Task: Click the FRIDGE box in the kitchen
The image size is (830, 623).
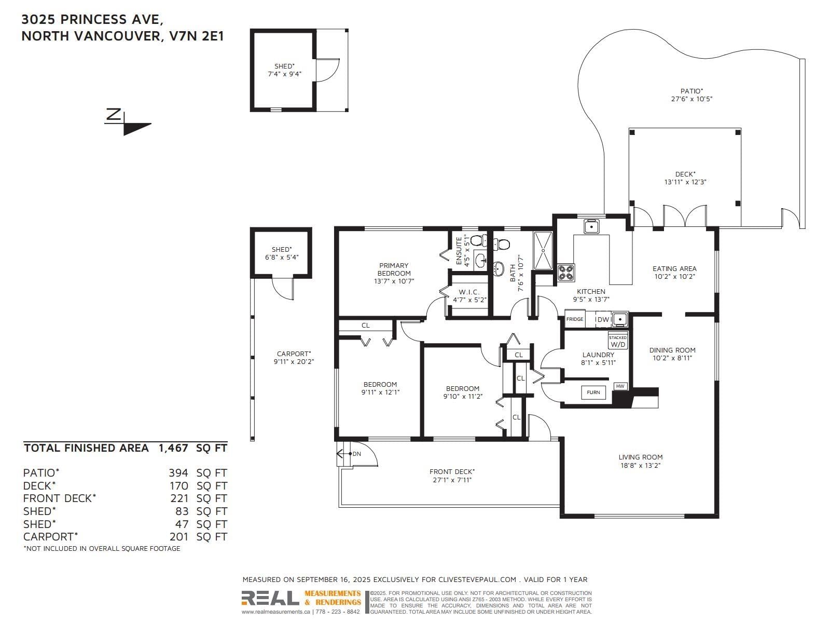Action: tap(574, 319)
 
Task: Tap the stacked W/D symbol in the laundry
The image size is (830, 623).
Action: tap(617, 341)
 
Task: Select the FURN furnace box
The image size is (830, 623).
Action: tap(593, 392)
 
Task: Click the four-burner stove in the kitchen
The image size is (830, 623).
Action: tap(566, 273)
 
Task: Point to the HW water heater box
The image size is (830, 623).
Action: tap(620, 386)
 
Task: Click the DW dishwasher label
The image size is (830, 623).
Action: tap(603, 320)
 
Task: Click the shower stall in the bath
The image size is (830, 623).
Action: tap(543, 250)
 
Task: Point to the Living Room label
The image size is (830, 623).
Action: tap(641, 457)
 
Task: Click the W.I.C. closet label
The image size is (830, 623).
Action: tap(469, 292)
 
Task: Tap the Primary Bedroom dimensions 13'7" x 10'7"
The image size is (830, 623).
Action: tap(394, 281)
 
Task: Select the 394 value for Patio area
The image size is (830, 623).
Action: tap(178, 473)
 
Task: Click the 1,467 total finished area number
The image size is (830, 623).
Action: tap(173, 448)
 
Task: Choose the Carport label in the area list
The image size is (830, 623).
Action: tap(50, 537)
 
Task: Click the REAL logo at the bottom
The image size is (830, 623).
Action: tap(270, 598)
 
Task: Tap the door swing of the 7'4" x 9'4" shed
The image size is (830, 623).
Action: tap(327, 70)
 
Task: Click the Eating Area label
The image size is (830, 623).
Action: tap(674, 268)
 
